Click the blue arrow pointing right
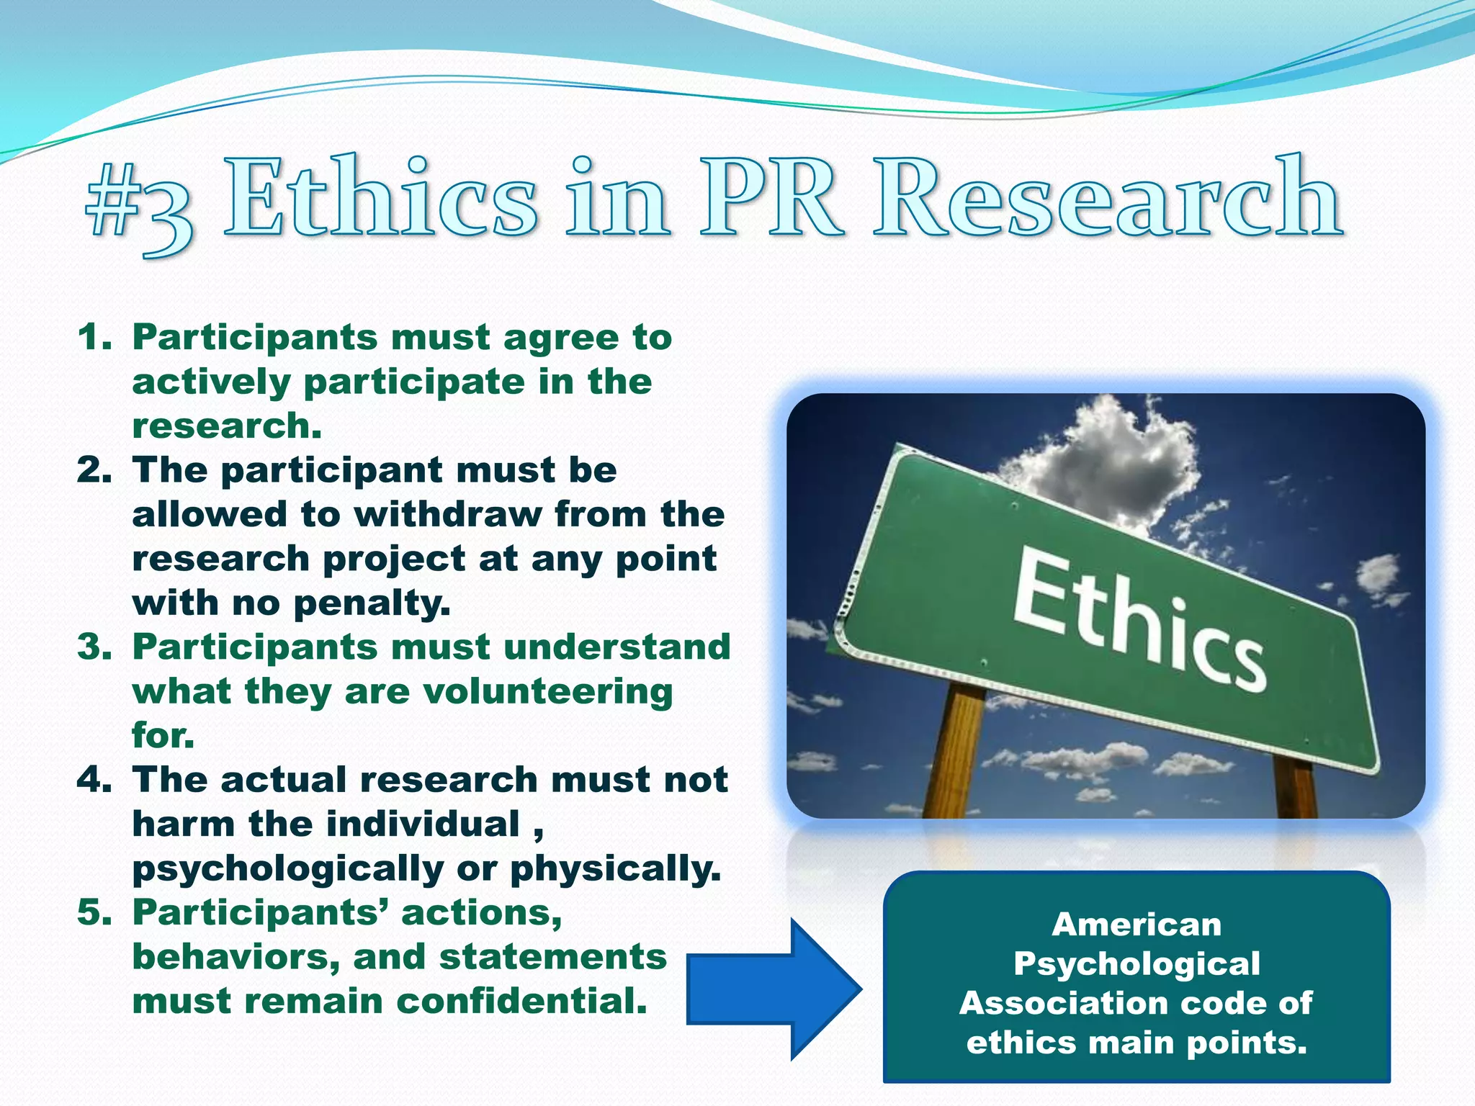tap(774, 989)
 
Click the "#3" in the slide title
tap(139, 204)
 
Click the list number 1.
tap(94, 338)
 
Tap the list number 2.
tap(94, 470)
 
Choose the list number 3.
tap(94, 647)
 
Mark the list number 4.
tap(94, 780)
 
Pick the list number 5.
tap(94, 913)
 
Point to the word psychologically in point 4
tap(288, 869)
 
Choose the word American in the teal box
tap(1136, 925)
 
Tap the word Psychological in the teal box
tap(1136, 964)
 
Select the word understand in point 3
tap(617, 647)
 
